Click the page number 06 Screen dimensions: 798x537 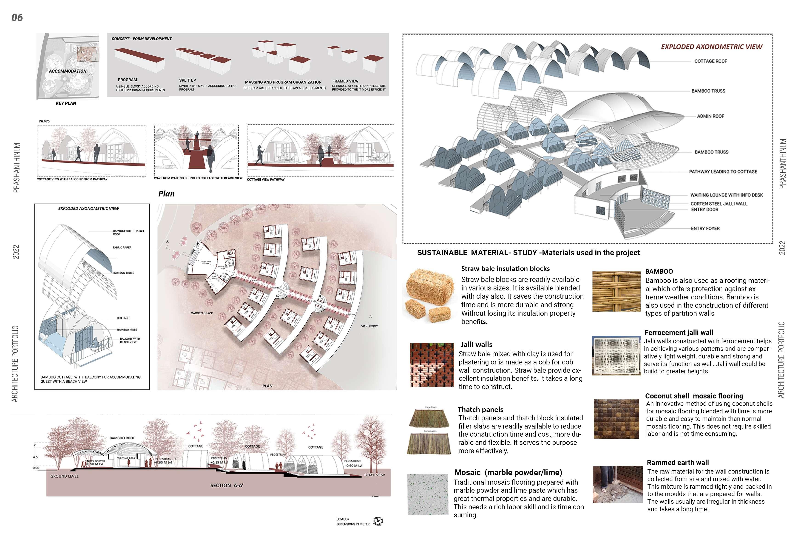(17, 17)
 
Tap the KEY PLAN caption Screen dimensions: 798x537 (66, 103)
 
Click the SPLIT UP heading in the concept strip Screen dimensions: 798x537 (187, 80)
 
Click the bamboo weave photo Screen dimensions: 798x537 (616, 291)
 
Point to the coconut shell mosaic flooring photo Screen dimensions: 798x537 (616, 418)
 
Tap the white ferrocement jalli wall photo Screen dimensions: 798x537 (616, 355)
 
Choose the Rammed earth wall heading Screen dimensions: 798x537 (677, 463)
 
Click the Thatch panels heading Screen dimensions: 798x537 (480, 410)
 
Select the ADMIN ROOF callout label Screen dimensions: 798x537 (710, 116)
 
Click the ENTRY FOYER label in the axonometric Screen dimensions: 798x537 (705, 228)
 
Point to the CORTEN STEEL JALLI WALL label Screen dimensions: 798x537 (718, 203)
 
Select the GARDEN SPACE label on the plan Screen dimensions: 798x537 (202, 313)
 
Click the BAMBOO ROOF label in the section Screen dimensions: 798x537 (122, 438)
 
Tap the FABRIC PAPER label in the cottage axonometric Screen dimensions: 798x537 (122, 247)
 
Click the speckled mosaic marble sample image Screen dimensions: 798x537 (428, 494)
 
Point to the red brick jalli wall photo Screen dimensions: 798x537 (432, 365)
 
